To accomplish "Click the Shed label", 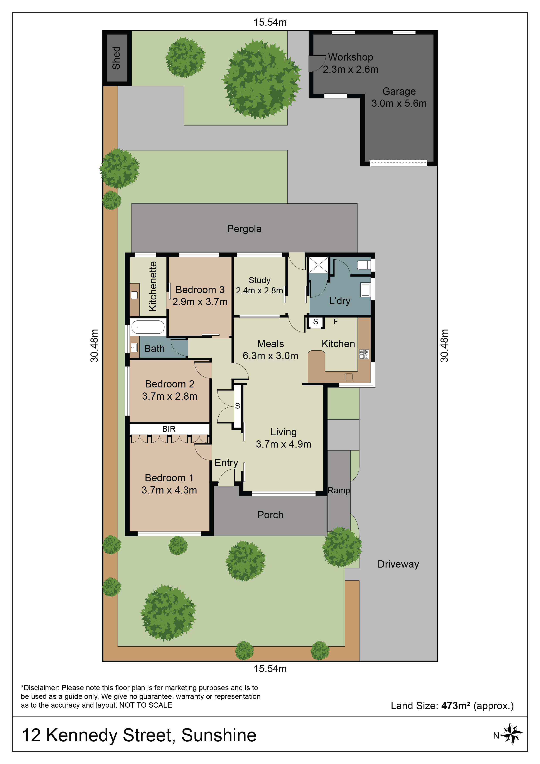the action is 116,58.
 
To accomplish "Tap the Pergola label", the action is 244,229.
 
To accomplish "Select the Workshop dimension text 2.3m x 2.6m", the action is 350,69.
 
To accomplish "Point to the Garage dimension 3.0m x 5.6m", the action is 399,103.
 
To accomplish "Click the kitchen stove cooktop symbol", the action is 364,354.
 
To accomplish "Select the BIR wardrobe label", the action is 169,429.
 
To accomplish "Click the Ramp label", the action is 339,490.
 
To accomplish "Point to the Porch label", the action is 270,515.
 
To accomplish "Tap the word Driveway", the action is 398,564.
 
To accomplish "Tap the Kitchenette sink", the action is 134,295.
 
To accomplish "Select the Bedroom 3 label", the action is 200,290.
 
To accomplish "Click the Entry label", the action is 226,463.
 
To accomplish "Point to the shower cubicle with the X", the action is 318,265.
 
